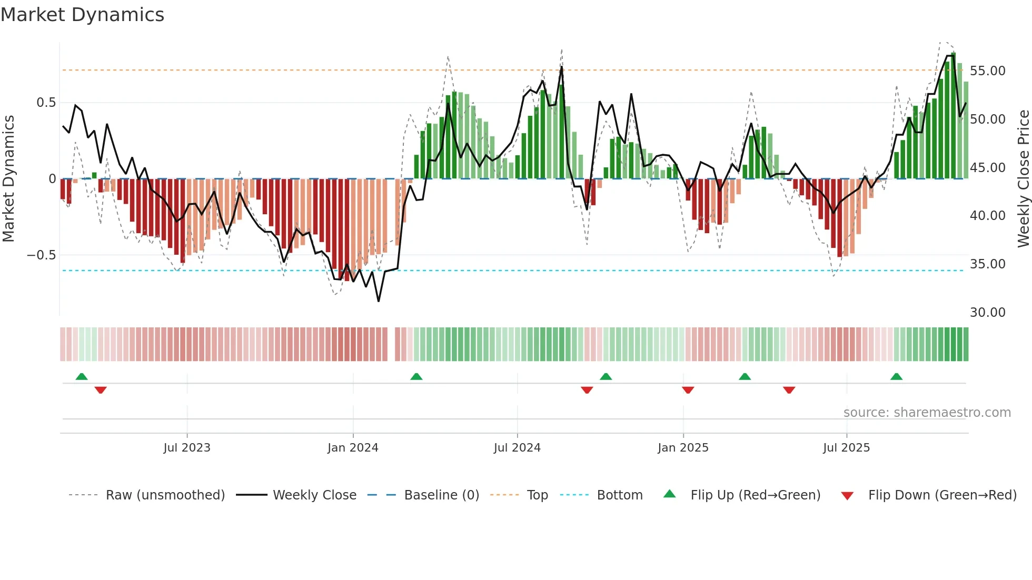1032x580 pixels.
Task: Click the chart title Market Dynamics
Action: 82,15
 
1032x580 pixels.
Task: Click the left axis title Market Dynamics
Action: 9,178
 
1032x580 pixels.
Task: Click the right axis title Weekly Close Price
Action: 1023,178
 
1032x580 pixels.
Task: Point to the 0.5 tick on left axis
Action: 46,103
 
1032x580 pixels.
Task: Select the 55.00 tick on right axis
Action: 987,71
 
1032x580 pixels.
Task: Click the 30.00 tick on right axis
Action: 987,313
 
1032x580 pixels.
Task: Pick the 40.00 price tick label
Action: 987,216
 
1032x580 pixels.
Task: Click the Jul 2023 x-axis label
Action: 187,448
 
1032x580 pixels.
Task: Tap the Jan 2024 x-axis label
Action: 353,448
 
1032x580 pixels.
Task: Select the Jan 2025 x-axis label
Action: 683,448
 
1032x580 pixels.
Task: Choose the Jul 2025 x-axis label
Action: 846,448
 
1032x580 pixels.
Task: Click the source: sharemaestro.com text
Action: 927,413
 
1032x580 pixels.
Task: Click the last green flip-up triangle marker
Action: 896,377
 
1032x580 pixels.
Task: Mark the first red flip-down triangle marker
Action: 101,390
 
